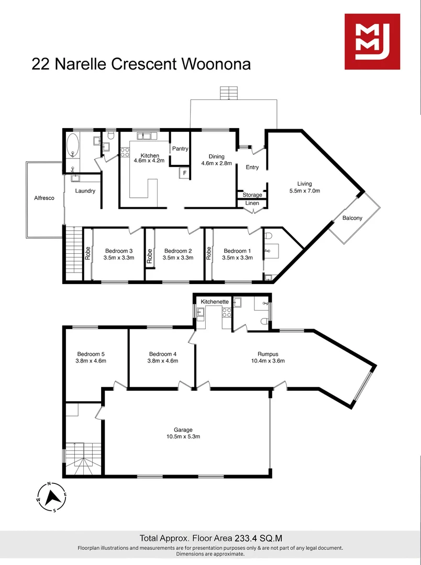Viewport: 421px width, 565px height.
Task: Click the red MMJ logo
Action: pos(372,41)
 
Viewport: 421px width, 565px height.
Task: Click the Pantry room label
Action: pos(180,149)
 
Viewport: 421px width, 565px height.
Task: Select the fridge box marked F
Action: pos(184,173)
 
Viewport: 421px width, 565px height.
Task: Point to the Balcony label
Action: pos(352,218)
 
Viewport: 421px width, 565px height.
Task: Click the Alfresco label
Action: pos(44,198)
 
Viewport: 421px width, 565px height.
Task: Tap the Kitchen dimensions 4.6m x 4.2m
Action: pos(149,161)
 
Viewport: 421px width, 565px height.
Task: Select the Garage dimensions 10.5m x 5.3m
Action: pos(187,436)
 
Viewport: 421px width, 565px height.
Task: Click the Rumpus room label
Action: pos(268,353)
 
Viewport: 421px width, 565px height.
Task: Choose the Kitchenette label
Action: pos(215,302)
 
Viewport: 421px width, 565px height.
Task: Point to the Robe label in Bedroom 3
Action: pos(87,253)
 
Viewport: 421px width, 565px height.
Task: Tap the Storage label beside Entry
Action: pos(252,195)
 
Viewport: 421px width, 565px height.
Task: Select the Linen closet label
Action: pos(252,203)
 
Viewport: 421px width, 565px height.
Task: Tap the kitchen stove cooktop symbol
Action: pos(125,153)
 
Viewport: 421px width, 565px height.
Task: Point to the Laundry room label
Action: pos(85,191)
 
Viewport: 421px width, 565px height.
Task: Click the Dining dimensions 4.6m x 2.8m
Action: pos(216,163)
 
